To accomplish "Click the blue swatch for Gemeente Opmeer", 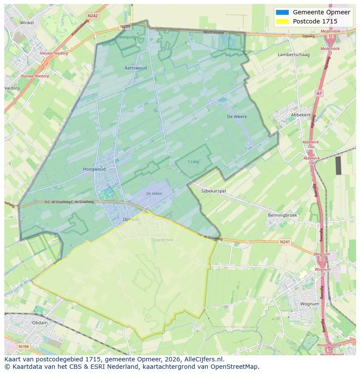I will tap(282, 12).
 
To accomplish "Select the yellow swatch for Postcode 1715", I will tap(282, 21).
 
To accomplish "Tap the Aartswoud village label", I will tap(136, 68).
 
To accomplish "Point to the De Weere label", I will tap(237, 116).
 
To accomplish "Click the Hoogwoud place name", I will tap(94, 169).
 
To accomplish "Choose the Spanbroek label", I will tap(162, 240).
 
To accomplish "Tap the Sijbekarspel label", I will tap(213, 191).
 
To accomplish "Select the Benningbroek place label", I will tap(283, 215).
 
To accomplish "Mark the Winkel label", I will tap(27, 23).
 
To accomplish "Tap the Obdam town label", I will tap(40, 323).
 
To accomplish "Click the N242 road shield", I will tap(92, 16).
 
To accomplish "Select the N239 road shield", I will tap(125, 27).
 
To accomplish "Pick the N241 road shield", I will tap(285, 242).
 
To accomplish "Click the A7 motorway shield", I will tap(319, 93).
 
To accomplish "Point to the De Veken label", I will tap(154, 194).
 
